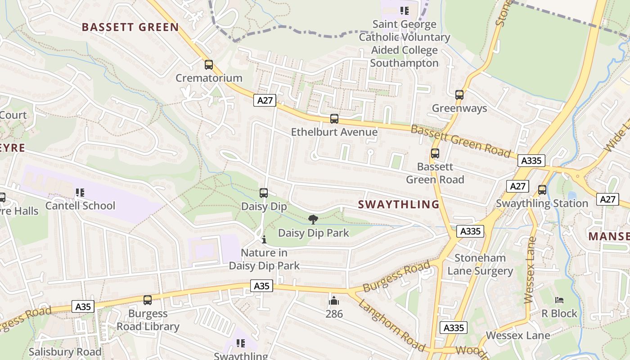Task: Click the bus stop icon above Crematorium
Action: tap(209, 65)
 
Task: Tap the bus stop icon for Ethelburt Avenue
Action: tap(334, 119)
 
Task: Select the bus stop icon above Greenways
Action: tap(459, 95)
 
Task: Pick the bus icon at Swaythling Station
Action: tap(542, 190)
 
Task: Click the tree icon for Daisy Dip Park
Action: tap(313, 220)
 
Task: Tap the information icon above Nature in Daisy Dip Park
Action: tap(264, 239)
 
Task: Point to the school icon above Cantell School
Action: tap(80, 193)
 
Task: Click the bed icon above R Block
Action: tap(559, 300)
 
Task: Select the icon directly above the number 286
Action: tap(334, 300)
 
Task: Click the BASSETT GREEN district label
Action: tap(130, 27)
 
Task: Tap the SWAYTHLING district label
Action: tap(399, 204)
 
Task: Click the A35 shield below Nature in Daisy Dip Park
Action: tap(261, 286)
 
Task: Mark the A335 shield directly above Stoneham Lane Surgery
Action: tap(471, 231)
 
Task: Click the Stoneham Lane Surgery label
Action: tap(480, 265)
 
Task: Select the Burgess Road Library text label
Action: tap(148, 320)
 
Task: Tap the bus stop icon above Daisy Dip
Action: tap(264, 193)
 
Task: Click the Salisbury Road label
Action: tap(65, 351)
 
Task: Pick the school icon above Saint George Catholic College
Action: tap(404, 10)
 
